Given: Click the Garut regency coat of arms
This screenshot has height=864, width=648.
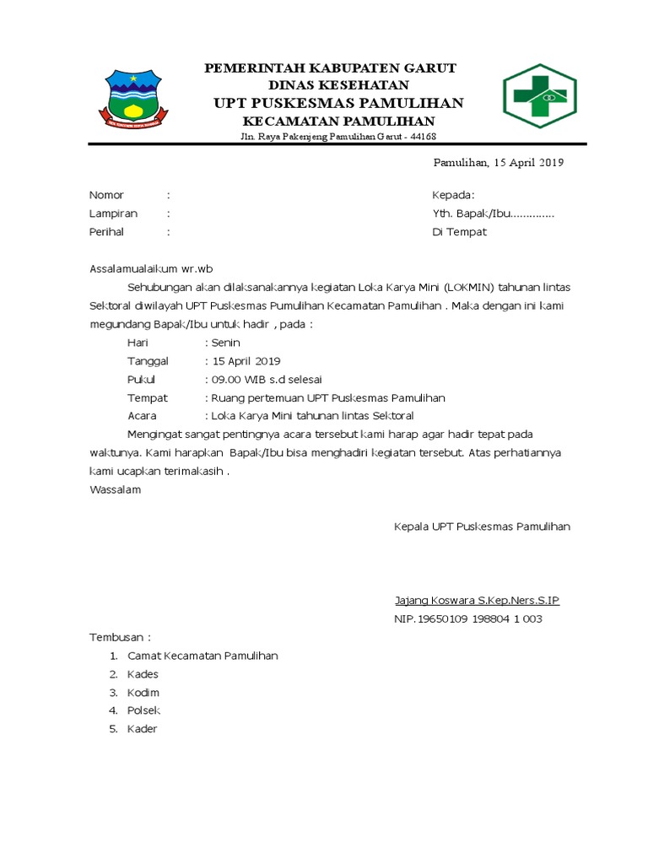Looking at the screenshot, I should tap(132, 98).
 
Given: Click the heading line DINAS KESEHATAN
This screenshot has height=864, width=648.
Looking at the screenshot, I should tap(338, 85).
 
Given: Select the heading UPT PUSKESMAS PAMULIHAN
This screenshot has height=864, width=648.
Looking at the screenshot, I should tap(338, 103).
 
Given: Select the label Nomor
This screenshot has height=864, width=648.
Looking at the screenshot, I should tap(106, 195).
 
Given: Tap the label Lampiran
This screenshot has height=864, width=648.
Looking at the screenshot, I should tap(113, 213).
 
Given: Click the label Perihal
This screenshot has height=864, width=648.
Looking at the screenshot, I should tap(107, 232).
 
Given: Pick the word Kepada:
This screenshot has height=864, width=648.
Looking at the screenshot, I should tap(454, 195).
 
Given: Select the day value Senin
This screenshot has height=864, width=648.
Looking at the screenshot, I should tap(225, 343).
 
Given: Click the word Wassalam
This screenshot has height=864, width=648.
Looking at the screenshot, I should tap(116, 489).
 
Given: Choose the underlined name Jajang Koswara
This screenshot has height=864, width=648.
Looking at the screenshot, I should tap(435, 601).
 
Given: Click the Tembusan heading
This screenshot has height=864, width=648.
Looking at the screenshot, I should tap(120, 637).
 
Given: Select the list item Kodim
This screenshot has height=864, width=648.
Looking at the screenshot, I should tap(143, 693).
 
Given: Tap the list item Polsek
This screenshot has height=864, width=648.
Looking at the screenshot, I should tap(143, 710).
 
